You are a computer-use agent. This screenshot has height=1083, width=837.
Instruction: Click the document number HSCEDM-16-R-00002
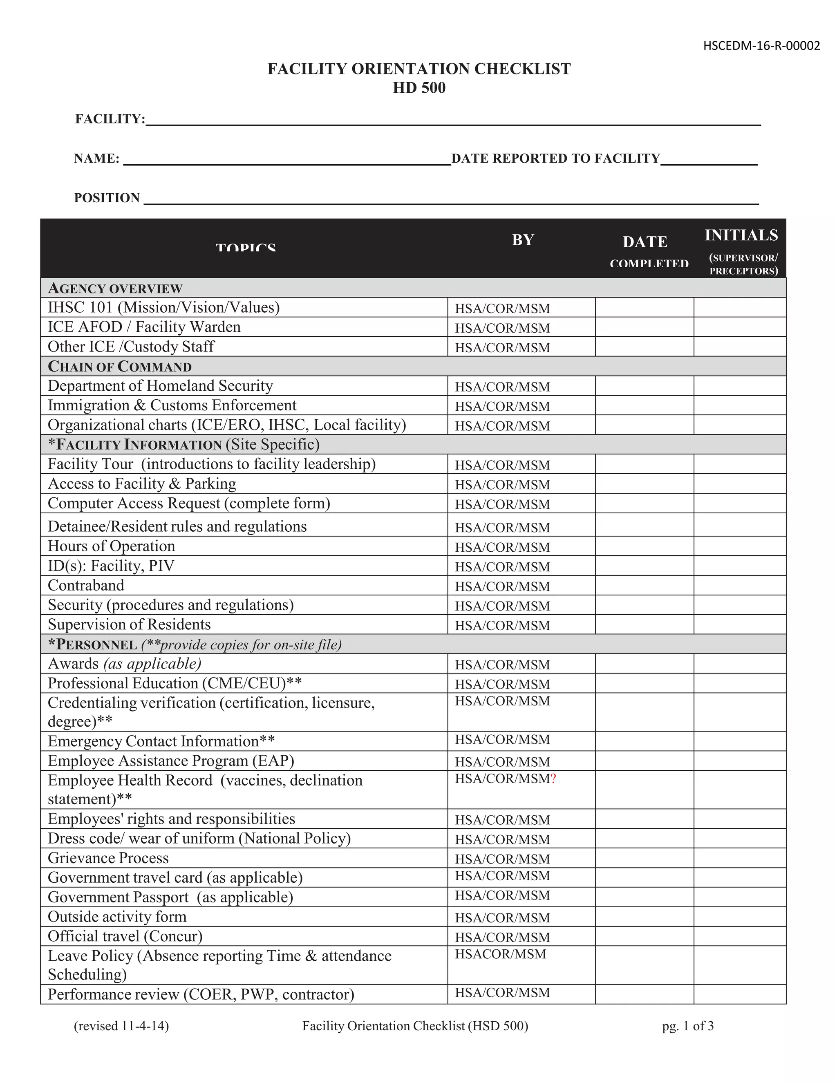(761, 46)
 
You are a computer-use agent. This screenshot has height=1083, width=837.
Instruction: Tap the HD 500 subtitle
(419, 88)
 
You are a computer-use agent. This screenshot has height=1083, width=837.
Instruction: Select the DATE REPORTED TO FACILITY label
(555, 158)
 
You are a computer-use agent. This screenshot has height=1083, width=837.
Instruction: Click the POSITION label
(107, 198)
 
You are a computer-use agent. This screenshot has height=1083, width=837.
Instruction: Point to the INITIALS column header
(741, 235)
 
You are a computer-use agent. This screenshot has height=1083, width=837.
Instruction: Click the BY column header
(523, 240)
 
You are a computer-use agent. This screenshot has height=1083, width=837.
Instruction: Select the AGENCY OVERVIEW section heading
(115, 288)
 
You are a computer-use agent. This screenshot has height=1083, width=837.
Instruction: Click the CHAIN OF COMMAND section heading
(119, 367)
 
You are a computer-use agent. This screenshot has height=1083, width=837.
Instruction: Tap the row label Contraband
(86, 585)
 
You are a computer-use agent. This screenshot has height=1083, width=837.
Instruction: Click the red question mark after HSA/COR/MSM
(553, 779)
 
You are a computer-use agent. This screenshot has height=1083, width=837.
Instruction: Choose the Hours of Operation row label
(111, 546)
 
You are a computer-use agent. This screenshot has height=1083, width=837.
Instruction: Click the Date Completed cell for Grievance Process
(644, 858)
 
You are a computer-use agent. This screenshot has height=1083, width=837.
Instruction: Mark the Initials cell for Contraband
(739, 585)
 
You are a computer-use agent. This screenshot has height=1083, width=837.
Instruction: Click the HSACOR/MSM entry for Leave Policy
(500, 954)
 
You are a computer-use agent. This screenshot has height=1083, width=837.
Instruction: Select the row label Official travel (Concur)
(125, 936)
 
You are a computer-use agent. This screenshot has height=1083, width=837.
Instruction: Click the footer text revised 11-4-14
(121, 1026)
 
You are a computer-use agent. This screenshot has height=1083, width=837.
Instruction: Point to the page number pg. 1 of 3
(688, 1026)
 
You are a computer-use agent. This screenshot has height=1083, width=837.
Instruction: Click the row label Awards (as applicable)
(124, 663)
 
